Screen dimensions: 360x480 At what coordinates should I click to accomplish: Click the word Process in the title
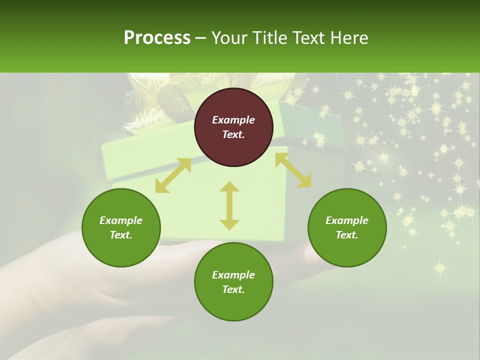157,38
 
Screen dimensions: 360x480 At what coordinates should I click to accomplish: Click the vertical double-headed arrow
229,205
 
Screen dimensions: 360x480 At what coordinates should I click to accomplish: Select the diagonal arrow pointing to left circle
173,175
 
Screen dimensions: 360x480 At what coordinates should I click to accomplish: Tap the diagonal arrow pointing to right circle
293,170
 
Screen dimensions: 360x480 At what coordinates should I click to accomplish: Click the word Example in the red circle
233,120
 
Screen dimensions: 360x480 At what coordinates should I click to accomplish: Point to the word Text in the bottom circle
233,289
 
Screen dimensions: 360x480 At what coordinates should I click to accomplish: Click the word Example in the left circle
121,220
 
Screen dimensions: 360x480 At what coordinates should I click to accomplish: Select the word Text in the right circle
347,235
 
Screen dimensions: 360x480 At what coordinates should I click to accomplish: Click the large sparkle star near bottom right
439,267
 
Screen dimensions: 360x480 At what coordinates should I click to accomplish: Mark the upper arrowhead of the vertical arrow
229,187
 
